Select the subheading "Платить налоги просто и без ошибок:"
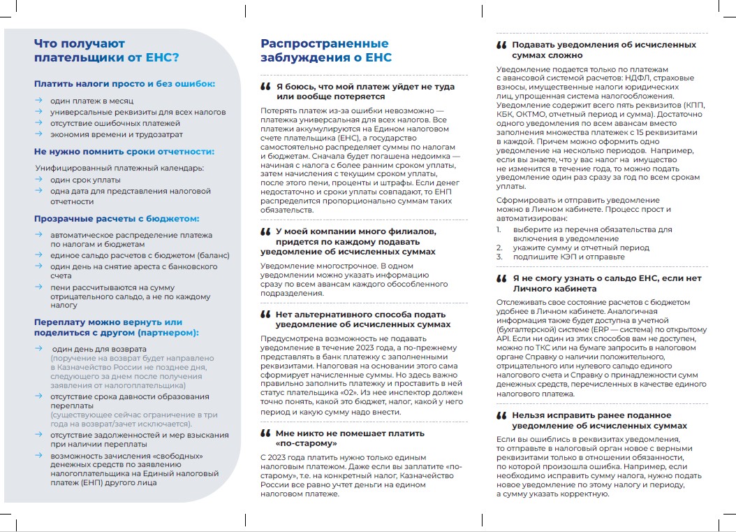pyautogui.click(x=125, y=84)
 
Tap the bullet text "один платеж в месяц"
pyautogui.click(x=91, y=101)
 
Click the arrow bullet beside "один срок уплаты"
pyautogui.click(x=39, y=180)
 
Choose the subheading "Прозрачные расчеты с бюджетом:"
pyautogui.click(x=117, y=219)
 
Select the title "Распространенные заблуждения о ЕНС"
pyautogui.click(x=326, y=50)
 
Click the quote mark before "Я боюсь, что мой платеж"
pyautogui.click(x=265, y=87)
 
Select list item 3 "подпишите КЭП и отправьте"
pyautogui.click(x=569, y=257)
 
